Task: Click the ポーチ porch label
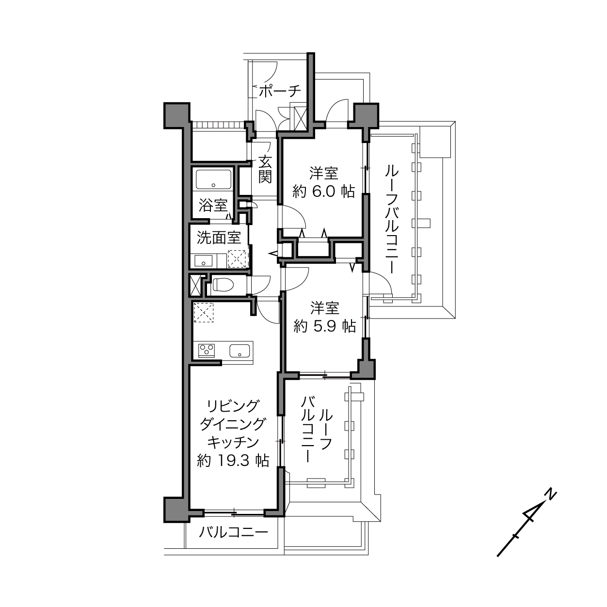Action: coord(280,91)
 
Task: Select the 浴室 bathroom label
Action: coord(213,206)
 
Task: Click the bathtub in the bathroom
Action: coord(214,179)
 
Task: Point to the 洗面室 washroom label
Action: coord(219,238)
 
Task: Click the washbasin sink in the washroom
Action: coord(203,261)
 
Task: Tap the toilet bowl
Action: coord(223,285)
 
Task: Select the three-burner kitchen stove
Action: coord(207,350)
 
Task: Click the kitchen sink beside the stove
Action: coord(240,350)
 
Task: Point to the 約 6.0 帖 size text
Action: coord(324,192)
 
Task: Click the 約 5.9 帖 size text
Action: coord(324,326)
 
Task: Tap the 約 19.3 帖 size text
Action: coord(233,461)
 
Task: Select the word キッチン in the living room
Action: coord(233,443)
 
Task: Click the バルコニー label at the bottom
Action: coord(233,533)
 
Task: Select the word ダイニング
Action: coord(233,424)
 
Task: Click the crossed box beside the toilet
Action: coord(195,285)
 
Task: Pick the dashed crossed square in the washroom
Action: coord(237,259)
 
